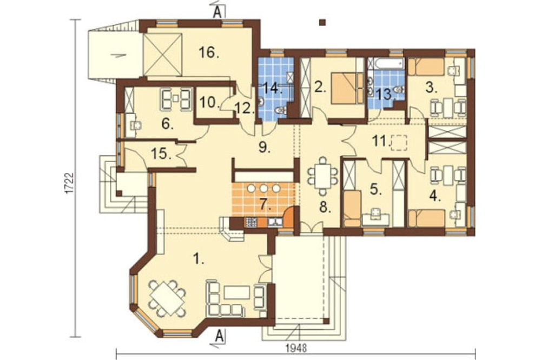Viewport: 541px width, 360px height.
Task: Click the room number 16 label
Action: tap(209, 52)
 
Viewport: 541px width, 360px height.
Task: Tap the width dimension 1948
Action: tap(296, 348)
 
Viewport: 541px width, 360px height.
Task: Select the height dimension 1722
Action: tap(69, 183)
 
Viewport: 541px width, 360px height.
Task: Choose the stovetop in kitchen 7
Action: tap(251, 222)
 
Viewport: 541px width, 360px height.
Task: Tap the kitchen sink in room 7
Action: tap(274, 222)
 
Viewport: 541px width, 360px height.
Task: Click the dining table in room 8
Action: tap(322, 176)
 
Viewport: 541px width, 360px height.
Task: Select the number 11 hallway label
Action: tap(380, 141)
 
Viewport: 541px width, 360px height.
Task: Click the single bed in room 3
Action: tap(426, 67)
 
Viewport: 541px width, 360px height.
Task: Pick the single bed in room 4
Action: tap(426, 218)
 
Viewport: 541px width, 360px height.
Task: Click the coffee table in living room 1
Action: tap(237, 293)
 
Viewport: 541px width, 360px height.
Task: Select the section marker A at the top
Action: tap(217, 12)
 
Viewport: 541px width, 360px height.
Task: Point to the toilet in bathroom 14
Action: tap(281, 110)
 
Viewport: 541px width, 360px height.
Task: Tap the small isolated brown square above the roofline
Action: tap(322, 22)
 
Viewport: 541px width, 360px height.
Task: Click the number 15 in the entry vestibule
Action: tap(161, 154)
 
